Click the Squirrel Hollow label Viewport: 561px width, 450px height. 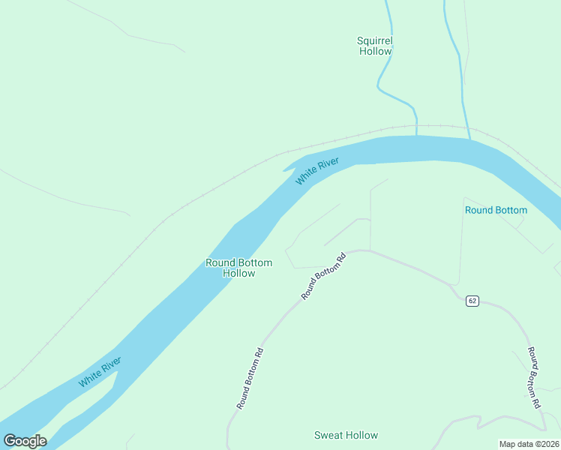[375, 46]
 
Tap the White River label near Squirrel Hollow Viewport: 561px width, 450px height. [317, 171]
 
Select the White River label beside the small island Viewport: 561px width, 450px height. [100, 372]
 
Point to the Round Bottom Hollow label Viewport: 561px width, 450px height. [238, 268]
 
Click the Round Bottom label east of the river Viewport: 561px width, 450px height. [496, 210]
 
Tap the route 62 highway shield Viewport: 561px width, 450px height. [472, 301]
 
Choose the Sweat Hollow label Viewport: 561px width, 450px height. [346, 435]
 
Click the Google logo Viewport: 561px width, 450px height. [25, 441]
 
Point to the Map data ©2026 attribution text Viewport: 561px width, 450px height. [529, 444]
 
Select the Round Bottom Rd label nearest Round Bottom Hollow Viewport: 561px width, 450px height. [323, 277]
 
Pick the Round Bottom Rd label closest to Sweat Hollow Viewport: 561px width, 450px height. [250, 378]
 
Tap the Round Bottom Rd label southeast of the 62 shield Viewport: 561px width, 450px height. [533, 377]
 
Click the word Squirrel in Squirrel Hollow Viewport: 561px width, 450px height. [375, 40]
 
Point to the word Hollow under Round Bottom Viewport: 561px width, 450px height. [238, 273]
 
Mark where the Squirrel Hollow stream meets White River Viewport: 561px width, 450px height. [416, 136]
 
